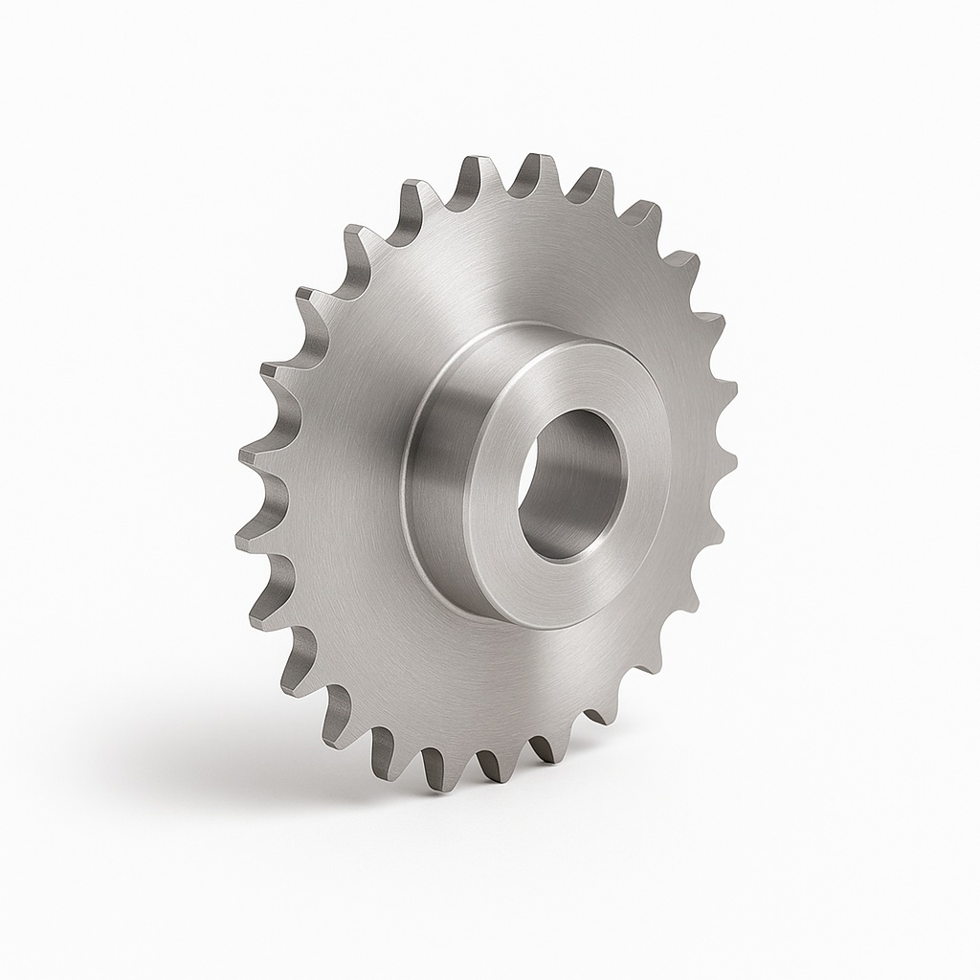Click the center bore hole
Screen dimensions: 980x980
[571, 483]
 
